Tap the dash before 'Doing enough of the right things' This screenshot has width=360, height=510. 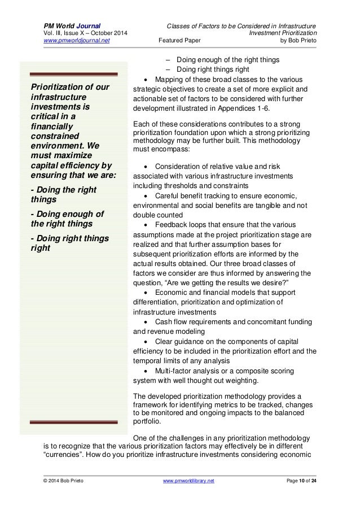pos(167,59)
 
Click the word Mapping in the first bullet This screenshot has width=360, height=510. pos(170,79)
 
